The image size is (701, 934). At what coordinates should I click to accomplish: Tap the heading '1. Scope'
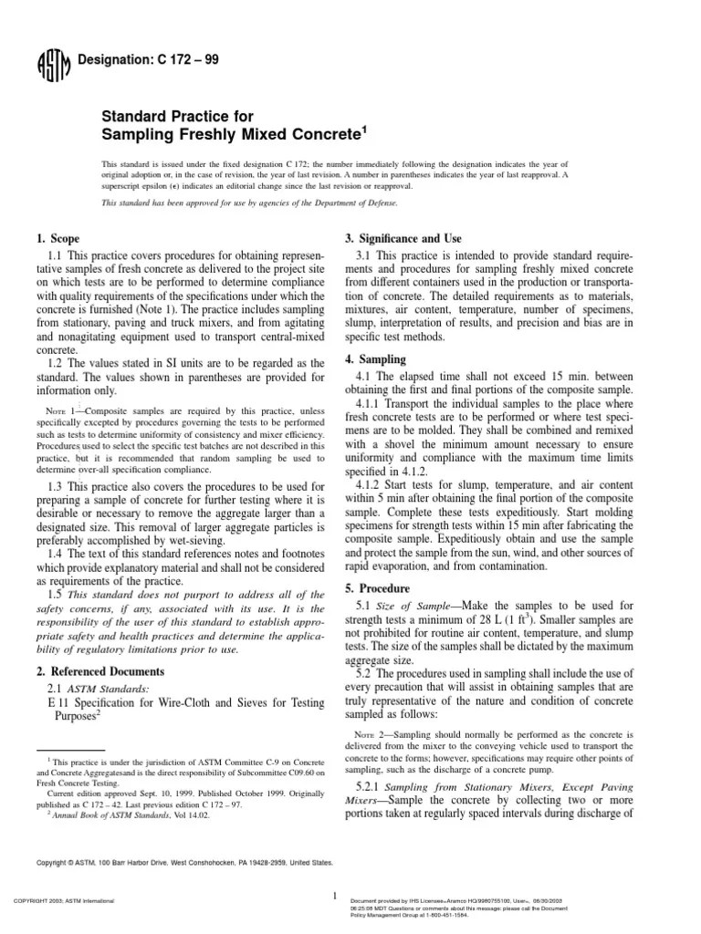(58, 238)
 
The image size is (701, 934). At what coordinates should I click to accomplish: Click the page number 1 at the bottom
(337, 897)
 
